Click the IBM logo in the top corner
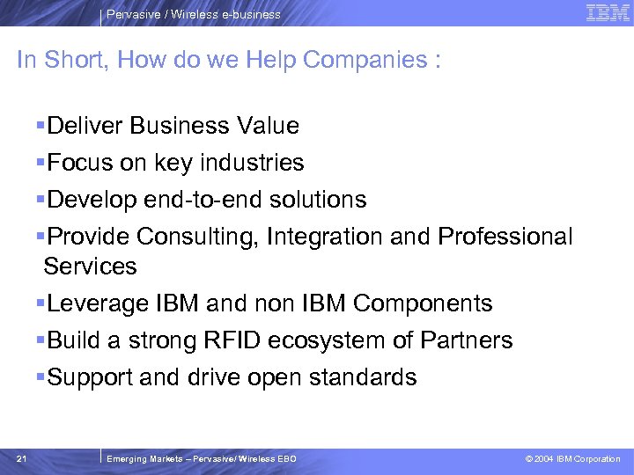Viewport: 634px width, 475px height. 608,13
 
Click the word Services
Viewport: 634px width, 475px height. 90,266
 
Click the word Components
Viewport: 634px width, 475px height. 423,303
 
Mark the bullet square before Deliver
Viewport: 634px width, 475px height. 41,126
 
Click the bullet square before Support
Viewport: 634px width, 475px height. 41,377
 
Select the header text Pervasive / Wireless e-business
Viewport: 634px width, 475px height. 194,14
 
